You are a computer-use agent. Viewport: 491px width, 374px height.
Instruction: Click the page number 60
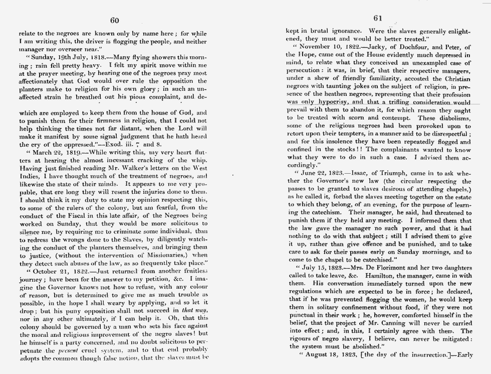click(x=114, y=20)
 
